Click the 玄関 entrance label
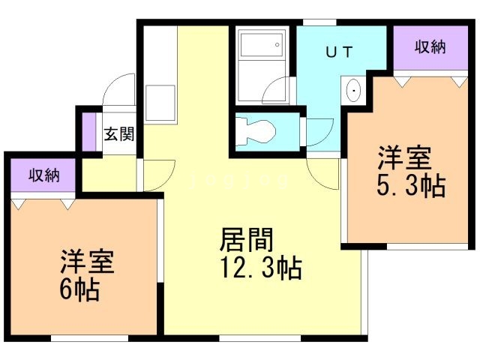[119, 135]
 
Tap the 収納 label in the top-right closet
[430, 46]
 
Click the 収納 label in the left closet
[43, 176]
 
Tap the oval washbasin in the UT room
[354, 92]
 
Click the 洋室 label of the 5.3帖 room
[404, 159]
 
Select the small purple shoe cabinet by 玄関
[89, 133]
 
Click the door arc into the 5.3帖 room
[324, 174]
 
